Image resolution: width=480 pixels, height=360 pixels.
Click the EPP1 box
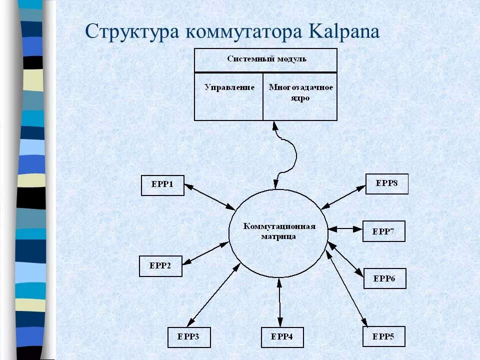(162, 185)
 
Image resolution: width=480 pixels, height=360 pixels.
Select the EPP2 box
(160, 266)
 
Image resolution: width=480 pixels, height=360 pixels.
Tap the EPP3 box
(188, 337)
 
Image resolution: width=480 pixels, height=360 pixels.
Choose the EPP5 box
(384, 336)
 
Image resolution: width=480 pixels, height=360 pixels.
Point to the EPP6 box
(384, 278)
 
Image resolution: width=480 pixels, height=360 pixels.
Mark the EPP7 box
(383, 231)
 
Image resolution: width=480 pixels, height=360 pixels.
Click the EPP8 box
(387, 183)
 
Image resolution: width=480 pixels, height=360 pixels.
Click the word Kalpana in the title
(345, 31)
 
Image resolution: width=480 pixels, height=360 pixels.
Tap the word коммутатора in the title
(245, 31)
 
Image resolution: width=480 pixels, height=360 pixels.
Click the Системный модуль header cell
(265, 59)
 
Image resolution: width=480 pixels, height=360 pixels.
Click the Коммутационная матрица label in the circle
(279, 231)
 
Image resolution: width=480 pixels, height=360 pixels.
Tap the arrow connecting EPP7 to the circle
(345, 228)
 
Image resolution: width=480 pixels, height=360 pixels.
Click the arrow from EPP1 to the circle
(210, 197)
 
